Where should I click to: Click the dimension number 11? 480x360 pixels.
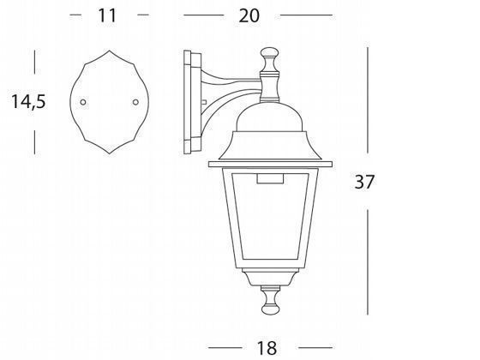[107, 15]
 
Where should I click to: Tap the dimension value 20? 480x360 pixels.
[249, 15]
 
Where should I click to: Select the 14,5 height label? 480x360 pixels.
[28, 101]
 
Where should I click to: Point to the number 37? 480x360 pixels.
[363, 182]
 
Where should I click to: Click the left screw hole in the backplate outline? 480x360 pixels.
[83, 104]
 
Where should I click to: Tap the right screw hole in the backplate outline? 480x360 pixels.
[135, 104]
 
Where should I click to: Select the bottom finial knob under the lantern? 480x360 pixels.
[271, 299]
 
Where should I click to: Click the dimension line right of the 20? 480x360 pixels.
[306, 15]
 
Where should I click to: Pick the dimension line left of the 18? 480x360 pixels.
[230, 346]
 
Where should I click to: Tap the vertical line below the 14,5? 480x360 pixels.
[35, 136]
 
